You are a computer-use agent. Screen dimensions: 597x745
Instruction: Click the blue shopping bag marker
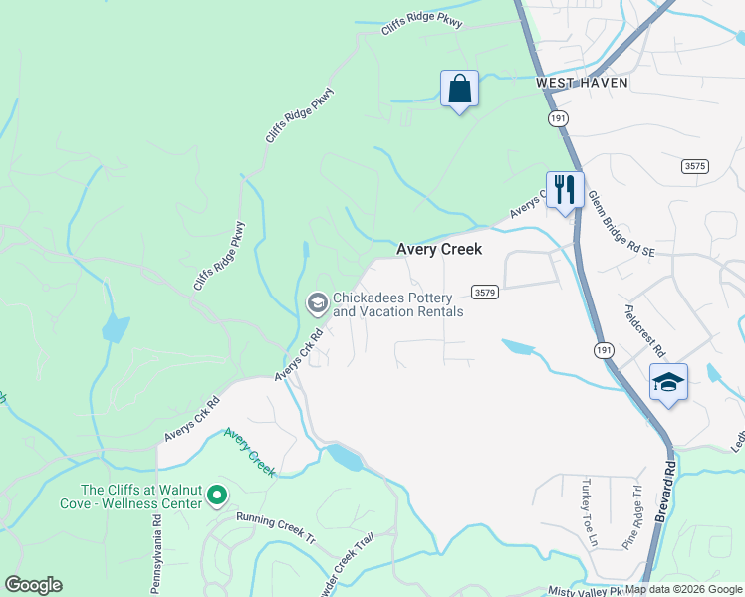pyautogui.click(x=459, y=90)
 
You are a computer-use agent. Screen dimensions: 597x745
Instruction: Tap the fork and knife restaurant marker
pyautogui.click(x=565, y=188)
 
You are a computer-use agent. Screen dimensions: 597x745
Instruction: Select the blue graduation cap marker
pyautogui.click(x=668, y=383)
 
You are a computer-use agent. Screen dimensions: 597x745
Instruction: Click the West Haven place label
pyautogui.click(x=583, y=83)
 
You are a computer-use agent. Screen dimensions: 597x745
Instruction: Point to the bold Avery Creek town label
pyautogui.click(x=439, y=249)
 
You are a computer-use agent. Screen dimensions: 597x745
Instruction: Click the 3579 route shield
pyautogui.click(x=485, y=293)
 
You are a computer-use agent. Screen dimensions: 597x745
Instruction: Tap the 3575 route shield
pyautogui.click(x=695, y=167)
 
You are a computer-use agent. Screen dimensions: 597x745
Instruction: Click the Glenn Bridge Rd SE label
pyautogui.click(x=620, y=226)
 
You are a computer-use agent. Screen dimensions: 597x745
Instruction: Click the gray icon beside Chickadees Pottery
pyautogui.click(x=318, y=303)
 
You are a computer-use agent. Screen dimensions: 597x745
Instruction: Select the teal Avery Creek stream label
pyautogui.click(x=249, y=451)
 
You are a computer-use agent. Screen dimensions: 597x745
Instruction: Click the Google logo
pyautogui.click(x=33, y=585)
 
